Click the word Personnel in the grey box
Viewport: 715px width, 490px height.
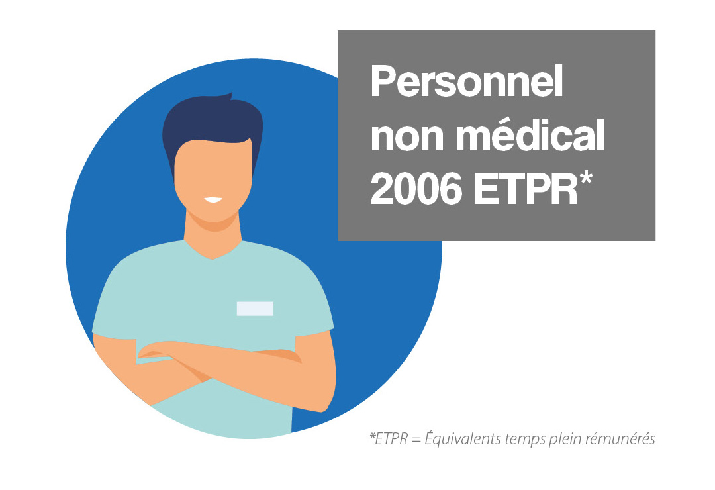pyautogui.click(x=467, y=81)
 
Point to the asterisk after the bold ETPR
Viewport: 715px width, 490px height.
pyautogui.click(x=585, y=178)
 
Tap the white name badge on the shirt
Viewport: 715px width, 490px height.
pyautogui.click(x=255, y=309)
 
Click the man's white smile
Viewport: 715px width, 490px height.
pyautogui.click(x=213, y=200)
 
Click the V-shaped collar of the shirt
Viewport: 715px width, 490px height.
pyautogui.click(x=213, y=251)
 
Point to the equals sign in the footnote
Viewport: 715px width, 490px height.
pyautogui.click(x=416, y=440)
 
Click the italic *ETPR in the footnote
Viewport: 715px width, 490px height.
pyautogui.click(x=388, y=438)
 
